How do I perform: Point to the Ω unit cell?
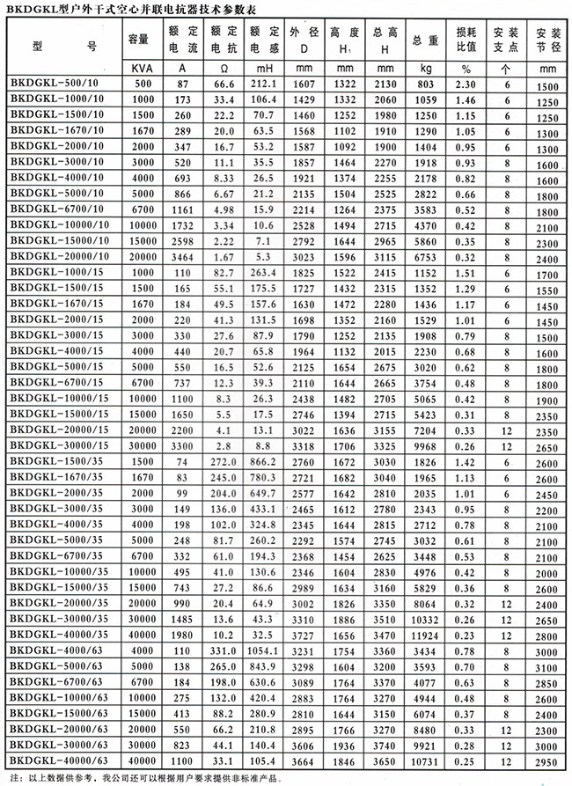[222, 68]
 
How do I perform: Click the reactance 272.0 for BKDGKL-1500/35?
[222, 462]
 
